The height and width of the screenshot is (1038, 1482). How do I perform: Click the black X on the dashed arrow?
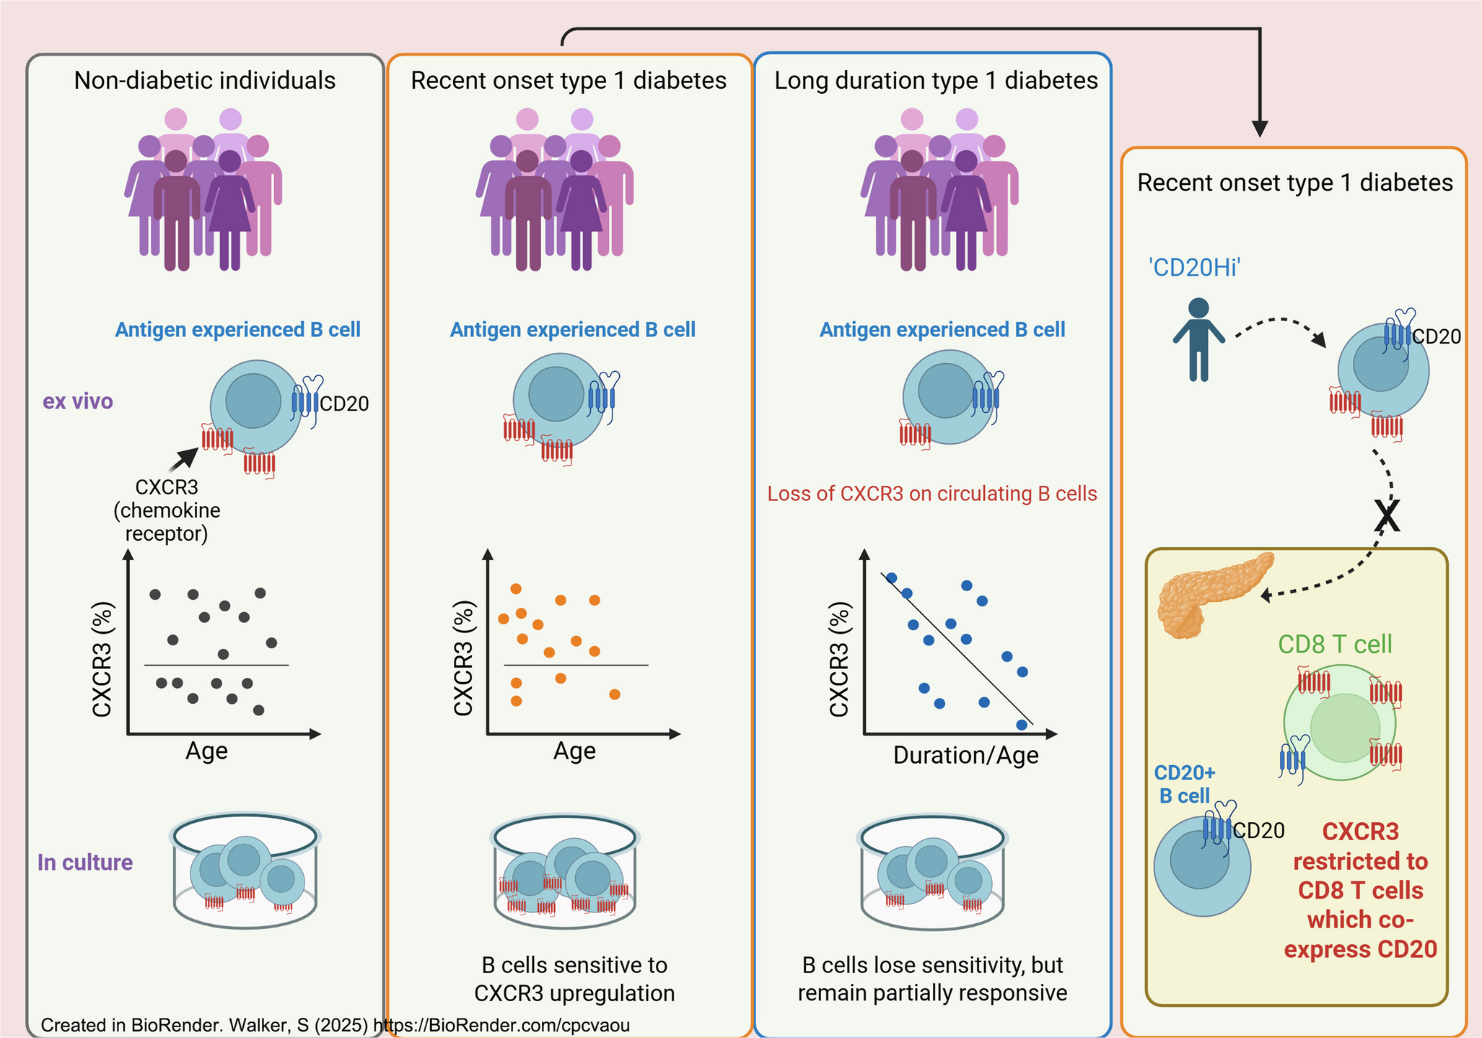(1387, 515)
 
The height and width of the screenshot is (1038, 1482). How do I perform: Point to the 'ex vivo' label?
(78, 401)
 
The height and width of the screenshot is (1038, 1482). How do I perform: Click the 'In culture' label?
(85, 862)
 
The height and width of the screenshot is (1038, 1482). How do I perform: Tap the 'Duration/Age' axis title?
(965, 755)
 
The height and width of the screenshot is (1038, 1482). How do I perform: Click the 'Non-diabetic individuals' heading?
(205, 80)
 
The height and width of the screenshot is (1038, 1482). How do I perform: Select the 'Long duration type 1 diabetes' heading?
(936, 80)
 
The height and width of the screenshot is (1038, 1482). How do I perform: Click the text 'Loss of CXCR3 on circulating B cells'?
(931, 494)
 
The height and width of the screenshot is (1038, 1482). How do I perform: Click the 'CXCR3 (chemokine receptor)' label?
(167, 510)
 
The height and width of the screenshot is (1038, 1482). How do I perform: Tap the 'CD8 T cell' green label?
(1335, 644)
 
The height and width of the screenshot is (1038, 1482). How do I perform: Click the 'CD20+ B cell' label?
(1185, 784)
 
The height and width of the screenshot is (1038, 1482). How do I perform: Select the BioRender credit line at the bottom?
(335, 1025)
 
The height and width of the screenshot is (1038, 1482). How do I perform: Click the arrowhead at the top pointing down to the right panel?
(1260, 128)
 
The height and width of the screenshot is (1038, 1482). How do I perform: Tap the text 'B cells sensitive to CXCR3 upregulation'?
(574, 979)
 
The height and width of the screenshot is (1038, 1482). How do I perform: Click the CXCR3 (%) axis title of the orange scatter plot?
(463, 658)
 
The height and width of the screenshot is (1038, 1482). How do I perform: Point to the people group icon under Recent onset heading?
(554, 189)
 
